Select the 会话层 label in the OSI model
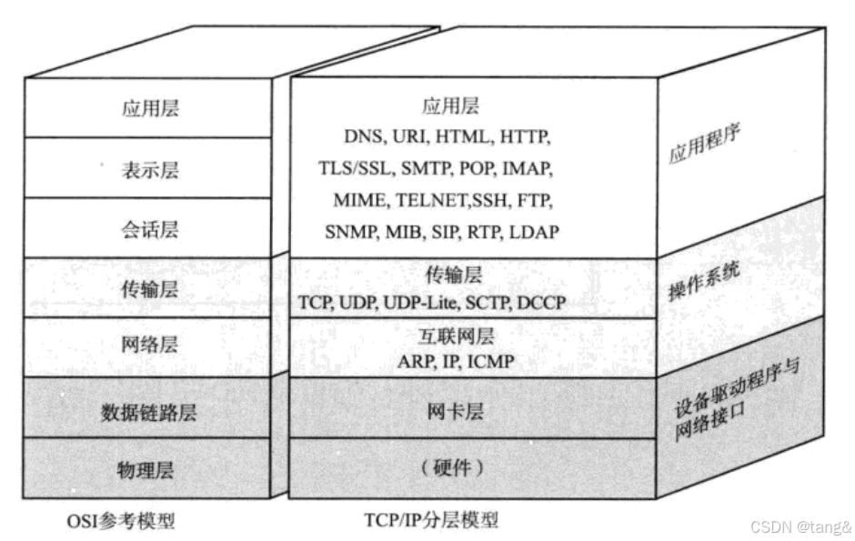(x=150, y=228)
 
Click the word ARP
(x=415, y=362)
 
